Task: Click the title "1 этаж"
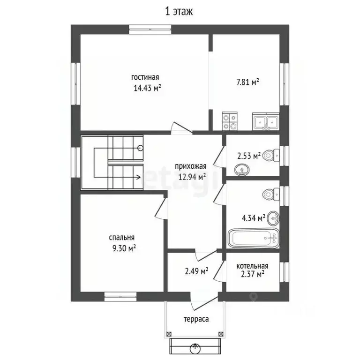(179, 11)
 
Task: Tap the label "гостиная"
(145, 77)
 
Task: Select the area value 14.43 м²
(147, 88)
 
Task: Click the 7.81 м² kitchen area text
(247, 82)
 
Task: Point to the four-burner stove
(230, 121)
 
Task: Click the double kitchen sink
(266, 121)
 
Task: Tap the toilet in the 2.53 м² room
(271, 156)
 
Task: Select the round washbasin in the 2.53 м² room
(242, 170)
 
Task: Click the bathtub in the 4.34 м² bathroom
(253, 238)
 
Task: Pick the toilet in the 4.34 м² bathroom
(271, 195)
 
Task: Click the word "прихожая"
(191, 166)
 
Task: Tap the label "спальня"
(122, 237)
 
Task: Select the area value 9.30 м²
(124, 248)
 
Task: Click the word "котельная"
(252, 266)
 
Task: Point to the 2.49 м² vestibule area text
(196, 271)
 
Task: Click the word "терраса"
(196, 319)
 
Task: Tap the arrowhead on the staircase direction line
(139, 177)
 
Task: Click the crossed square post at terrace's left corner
(169, 334)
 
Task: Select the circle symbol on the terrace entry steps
(195, 349)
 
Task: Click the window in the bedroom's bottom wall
(120, 297)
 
